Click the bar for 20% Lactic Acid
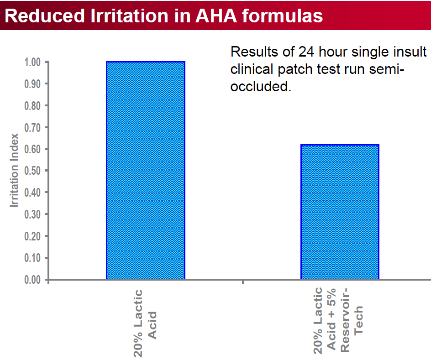coord(145,170)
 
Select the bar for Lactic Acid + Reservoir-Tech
coord(340,212)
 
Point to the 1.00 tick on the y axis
coord(47,62)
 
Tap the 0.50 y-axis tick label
coord(32,171)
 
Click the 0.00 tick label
coord(32,280)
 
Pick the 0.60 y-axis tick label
coord(32,149)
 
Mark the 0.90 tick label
coord(32,84)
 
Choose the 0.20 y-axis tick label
coord(32,236)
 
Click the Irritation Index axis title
coord(14,170)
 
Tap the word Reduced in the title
coord(45,16)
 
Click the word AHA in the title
coord(216,16)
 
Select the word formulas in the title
coord(282,16)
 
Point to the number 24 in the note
coord(306,52)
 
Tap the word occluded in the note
coord(261,87)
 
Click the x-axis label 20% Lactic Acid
coord(145,323)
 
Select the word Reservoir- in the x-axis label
coord(345,320)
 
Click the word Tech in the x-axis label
coord(358,320)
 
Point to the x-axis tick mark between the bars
coord(243,282)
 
